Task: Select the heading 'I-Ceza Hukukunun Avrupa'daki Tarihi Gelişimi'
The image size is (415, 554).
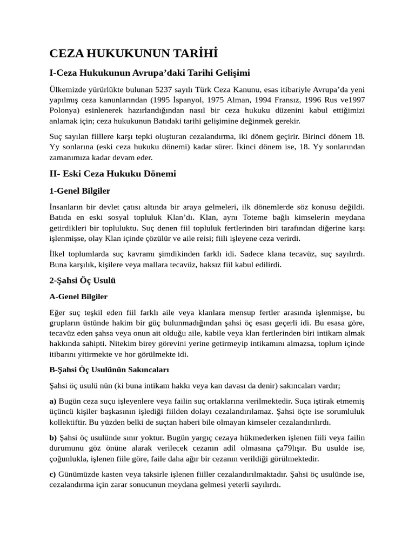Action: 149,73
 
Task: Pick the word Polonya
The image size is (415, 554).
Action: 64,111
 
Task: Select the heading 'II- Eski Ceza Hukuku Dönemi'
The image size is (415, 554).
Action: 112,174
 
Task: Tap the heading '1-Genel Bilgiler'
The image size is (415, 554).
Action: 80,191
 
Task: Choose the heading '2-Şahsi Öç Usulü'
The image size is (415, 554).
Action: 82,281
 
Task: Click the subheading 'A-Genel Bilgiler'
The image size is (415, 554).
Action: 78,296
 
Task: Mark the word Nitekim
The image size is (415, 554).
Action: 128,344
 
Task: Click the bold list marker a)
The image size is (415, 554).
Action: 53,401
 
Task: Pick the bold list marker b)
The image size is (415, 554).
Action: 53,437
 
